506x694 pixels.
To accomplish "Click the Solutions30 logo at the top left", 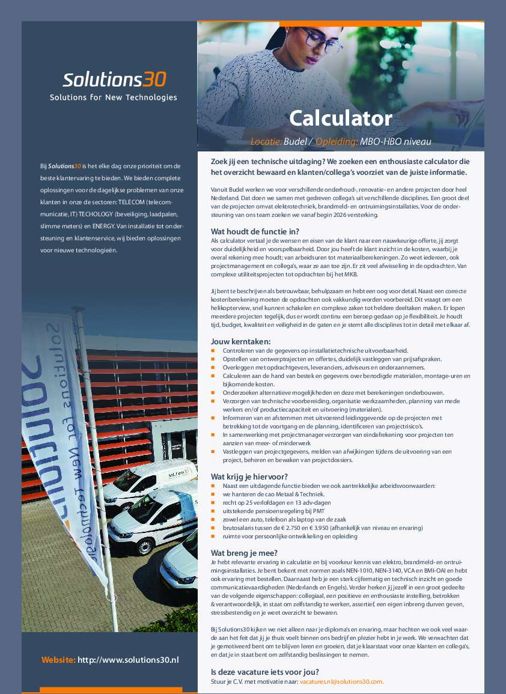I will point(114,79).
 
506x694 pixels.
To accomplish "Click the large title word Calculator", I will point(340,118).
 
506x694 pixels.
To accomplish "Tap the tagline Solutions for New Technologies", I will point(114,97).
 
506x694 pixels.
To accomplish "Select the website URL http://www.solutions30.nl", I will point(128,660).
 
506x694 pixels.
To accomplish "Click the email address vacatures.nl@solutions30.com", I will point(341,682).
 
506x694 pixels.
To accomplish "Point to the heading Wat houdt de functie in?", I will point(255,231).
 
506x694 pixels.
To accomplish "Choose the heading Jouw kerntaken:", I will point(240,341).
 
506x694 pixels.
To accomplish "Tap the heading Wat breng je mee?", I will point(244,553).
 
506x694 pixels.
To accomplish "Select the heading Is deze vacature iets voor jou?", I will point(265,672).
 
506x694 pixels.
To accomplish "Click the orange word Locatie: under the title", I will point(266,142).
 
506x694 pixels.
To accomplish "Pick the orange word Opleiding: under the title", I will point(337,142).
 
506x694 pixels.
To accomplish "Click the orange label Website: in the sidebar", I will point(58,660).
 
